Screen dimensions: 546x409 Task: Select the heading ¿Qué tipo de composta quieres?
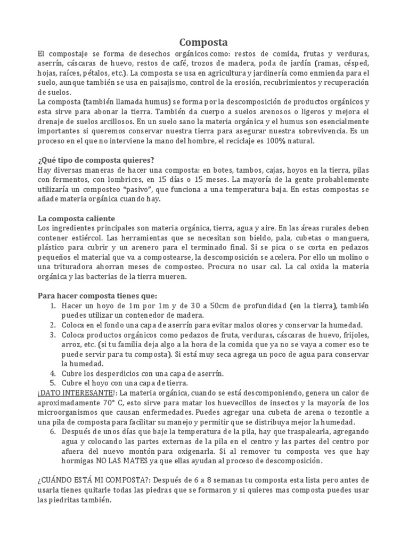(96, 160)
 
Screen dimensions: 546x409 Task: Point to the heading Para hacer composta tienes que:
(97, 296)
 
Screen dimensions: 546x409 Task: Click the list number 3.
(53, 335)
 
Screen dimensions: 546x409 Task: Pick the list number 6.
(53, 431)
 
